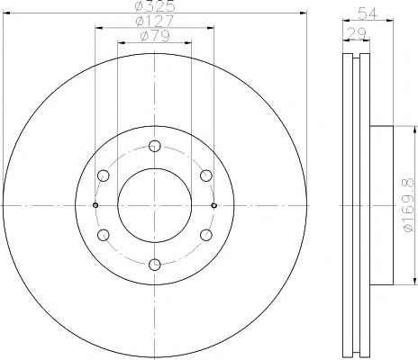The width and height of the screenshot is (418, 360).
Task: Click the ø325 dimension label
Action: pyautogui.click(x=155, y=6)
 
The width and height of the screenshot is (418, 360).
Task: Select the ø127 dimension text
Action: pyautogui.click(x=155, y=21)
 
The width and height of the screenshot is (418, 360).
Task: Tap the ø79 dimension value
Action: pyautogui.click(x=155, y=36)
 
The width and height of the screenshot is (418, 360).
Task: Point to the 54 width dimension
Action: pyautogui.click(x=367, y=13)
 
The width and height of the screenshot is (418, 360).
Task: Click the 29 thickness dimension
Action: pyautogui.click(x=357, y=32)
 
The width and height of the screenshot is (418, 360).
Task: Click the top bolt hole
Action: pyautogui.click(x=155, y=146)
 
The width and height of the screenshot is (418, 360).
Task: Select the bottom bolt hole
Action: pyautogui.click(x=155, y=265)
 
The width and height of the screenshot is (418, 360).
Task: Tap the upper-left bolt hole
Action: pyautogui.click(x=104, y=175)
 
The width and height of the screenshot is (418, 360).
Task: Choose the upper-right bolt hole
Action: pyautogui.click(x=206, y=175)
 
